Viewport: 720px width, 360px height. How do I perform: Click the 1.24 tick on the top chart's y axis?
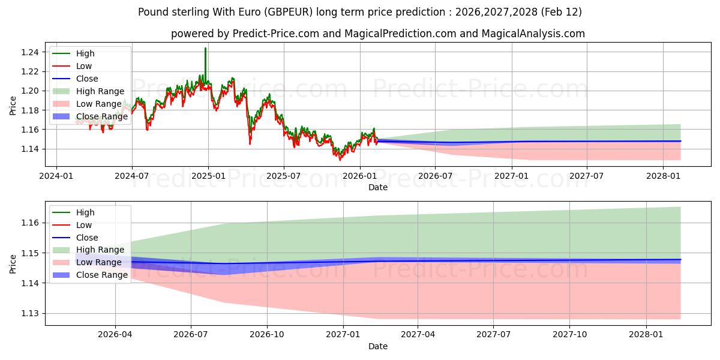pos(30,53)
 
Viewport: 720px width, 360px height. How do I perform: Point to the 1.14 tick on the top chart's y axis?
pos(30,149)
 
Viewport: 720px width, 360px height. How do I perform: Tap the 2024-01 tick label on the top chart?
pos(56,176)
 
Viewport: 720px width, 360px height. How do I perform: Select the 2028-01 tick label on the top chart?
pos(663,176)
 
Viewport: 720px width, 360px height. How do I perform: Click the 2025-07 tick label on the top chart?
pos(283,176)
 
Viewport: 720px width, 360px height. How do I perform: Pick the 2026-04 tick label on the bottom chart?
pos(115,335)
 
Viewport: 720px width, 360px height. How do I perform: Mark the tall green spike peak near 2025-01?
pos(205,49)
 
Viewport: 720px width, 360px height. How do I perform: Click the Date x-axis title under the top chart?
pos(377,187)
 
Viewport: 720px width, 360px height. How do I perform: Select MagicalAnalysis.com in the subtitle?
pos(534,34)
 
